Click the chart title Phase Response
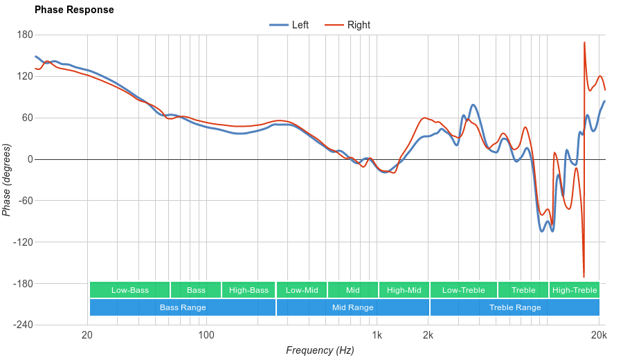pos(74,10)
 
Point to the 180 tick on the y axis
pos(25,35)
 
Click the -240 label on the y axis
pos(23,325)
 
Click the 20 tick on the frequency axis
pos(87,336)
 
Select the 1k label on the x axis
pos(377,336)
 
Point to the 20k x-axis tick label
pos(599,336)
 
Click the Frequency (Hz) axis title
pos(320,350)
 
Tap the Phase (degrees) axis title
pos(7,180)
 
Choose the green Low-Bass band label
pos(129,290)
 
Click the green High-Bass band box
pos(249,290)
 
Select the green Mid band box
pos(353,290)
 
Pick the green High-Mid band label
pos(404,290)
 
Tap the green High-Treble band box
pos(575,290)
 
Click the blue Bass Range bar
pos(183,307)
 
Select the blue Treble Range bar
pos(515,307)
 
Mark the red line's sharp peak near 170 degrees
pos(584,43)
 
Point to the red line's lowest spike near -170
pos(584,276)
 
